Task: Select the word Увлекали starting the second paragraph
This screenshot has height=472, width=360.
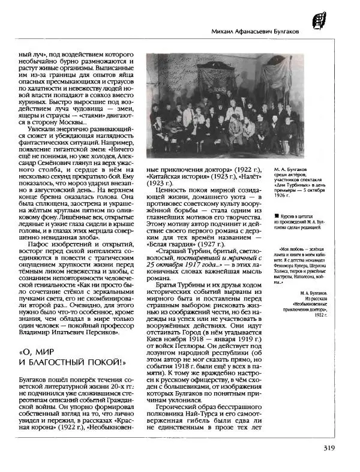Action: coord(40,128)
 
